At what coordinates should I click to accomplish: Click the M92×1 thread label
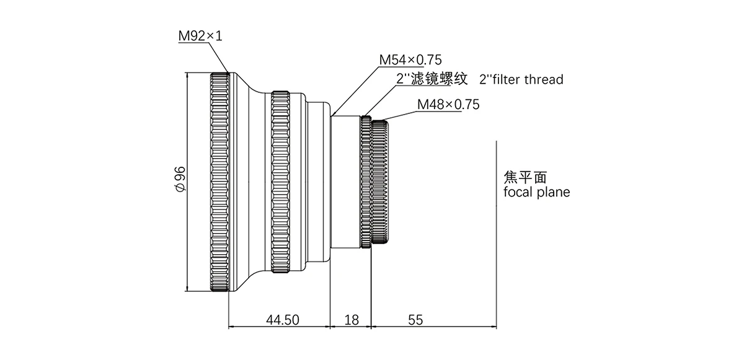[x=200, y=36]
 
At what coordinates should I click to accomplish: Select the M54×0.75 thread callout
[x=410, y=60]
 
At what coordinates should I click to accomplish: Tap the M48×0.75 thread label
[x=448, y=104]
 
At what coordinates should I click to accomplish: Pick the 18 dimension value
[x=351, y=320]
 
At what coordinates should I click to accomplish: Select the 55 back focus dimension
[x=415, y=320]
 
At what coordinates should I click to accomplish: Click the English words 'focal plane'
[x=537, y=192]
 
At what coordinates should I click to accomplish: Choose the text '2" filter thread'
[x=521, y=79]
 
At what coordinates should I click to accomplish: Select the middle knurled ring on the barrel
[x=280, y=181]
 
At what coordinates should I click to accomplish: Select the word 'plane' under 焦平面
[x=553, y=192]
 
